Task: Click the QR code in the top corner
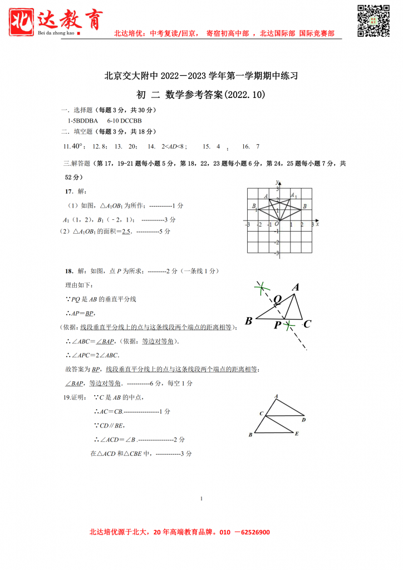pos(373,21)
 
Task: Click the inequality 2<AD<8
pos(173,147)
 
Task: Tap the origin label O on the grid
pos(276,224)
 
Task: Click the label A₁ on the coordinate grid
pos(294,196)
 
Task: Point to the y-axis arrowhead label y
pos(277,183)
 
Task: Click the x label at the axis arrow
pos(317,224)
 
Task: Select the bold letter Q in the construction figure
pos(277,299)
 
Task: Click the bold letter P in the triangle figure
pos(277,326)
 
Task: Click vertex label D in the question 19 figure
pos(303,420)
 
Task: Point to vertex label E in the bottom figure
pos(297,434)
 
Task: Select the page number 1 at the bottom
pos(201,498)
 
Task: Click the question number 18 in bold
pos(69,271)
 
